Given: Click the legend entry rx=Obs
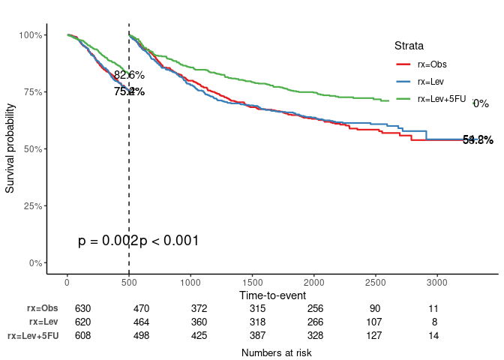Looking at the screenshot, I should tap(432, 64).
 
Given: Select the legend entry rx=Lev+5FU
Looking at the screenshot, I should tap(441, 99).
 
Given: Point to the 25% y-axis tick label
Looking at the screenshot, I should tap(34, 206).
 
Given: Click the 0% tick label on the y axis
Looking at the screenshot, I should tap(36, 263).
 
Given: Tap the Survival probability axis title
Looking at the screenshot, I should tap(10, 148).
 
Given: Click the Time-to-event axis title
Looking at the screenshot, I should tap(272, 295).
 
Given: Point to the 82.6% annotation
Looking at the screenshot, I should tap(129, 75).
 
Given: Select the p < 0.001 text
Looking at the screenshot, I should tap(169, 241).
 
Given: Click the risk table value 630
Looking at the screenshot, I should tap(82, 308).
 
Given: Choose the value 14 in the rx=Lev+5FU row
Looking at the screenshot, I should tap(433, 335).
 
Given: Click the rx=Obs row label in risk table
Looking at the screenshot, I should tap(42, 308).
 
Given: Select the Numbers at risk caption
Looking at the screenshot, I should tap(276, 352).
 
